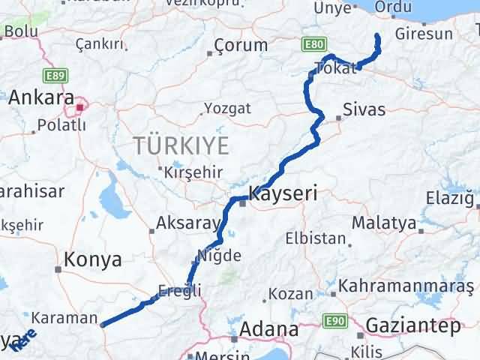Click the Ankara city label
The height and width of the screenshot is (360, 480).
[42, 98]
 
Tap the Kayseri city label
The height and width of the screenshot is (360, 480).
[283, 193]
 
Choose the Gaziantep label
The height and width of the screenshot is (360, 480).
[413, 326]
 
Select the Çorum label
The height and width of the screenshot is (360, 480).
[240, 45]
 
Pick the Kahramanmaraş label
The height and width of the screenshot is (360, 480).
[407, 286]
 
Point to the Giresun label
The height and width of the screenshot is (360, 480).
[424, 34]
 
